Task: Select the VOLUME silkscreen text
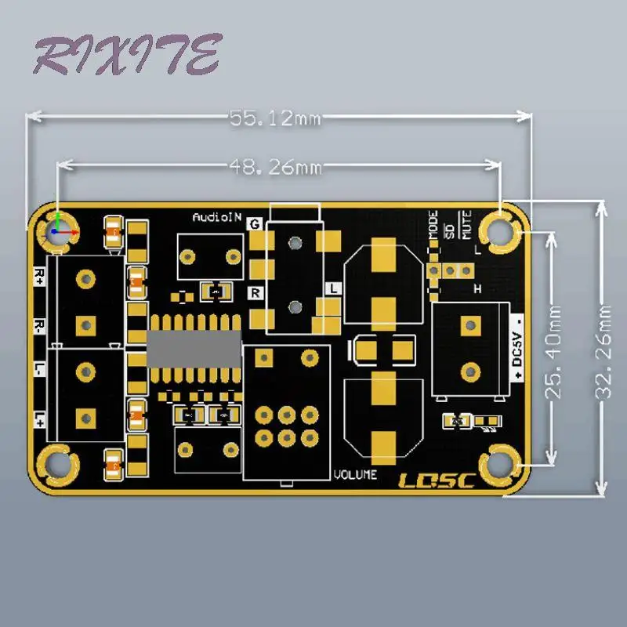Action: click(355, 474)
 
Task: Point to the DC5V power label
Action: click(516, 345)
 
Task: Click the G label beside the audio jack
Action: click(254, 224)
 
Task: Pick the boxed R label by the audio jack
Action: click(254, 293)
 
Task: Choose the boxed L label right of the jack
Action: click(333, 288)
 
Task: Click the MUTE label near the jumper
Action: click(467, 226)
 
